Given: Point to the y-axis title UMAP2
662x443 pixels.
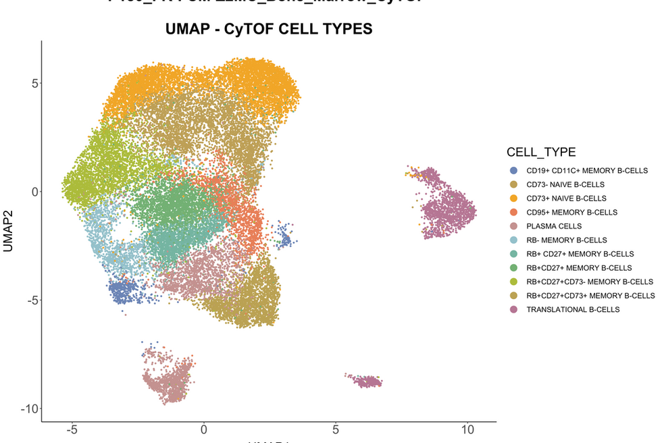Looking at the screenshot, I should [x=9, y=230].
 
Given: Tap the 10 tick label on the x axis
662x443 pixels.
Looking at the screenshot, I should [x=467, y=430].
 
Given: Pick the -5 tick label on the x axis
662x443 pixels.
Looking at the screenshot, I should [x=72, y=430].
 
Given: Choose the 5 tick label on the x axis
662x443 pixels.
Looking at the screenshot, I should [x=336, y=430].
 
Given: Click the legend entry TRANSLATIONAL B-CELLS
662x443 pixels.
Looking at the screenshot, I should [x=572, y=309].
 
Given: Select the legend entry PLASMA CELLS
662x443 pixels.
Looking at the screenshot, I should [x=553, y=226].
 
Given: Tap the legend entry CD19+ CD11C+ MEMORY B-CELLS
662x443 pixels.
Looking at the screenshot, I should [x=586, y=171].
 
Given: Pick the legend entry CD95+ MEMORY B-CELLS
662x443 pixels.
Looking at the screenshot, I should [x=571, y=212].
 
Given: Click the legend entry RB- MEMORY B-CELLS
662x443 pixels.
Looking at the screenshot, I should [x=566, y=240].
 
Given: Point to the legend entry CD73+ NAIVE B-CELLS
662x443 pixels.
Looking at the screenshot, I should [x=566, y=199].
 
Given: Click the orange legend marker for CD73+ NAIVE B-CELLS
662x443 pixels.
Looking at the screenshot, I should [x=514, y=199].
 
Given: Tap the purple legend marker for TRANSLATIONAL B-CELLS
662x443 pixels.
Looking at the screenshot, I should [x=514, y=309].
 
